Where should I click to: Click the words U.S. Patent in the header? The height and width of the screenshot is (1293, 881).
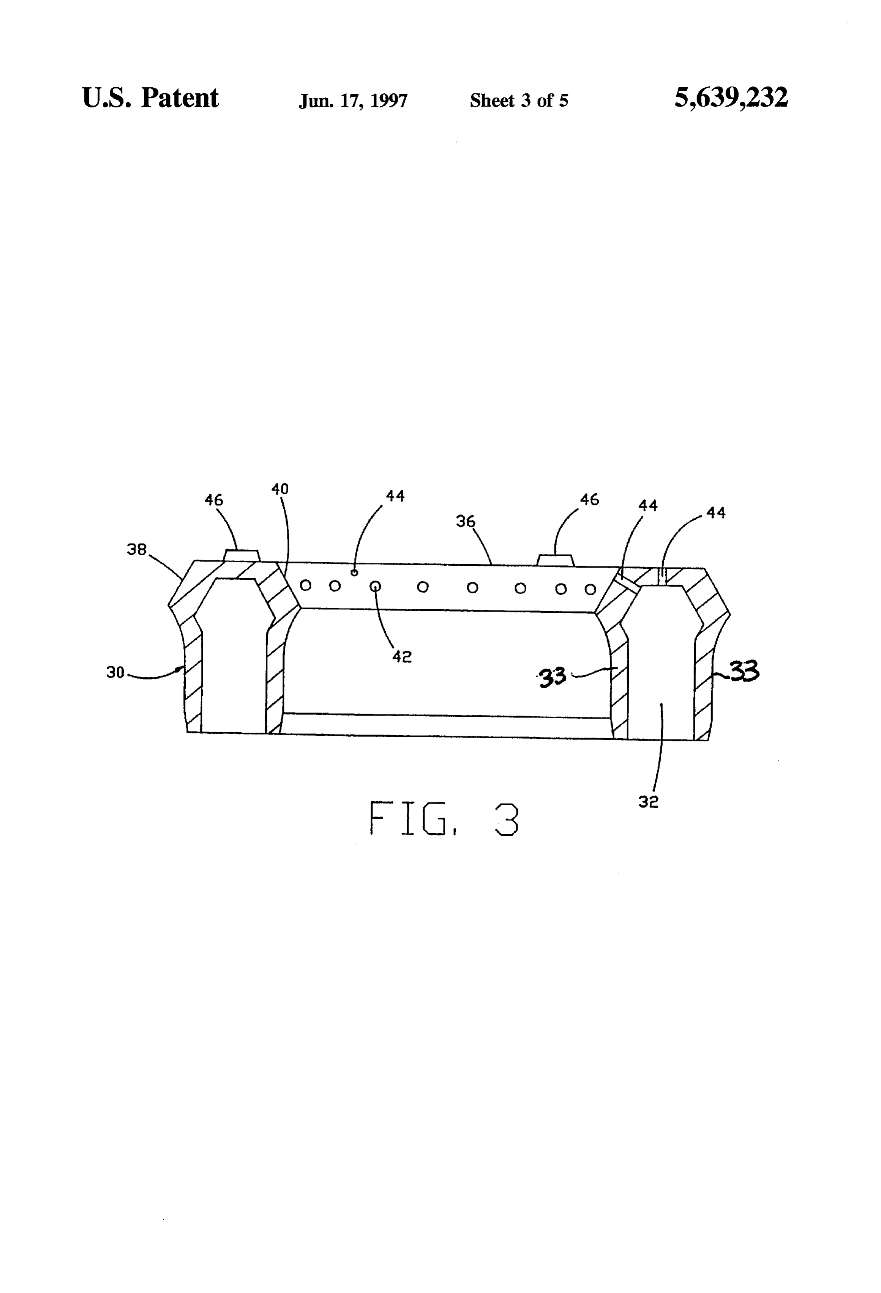(x=150, y=98)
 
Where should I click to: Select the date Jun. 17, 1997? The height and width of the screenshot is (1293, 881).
(x=353, y=101)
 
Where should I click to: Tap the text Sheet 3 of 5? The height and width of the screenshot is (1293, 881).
(x=519, y=100)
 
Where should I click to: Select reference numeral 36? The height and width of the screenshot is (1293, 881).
(x=466, y=521)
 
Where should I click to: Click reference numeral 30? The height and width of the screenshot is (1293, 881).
(x=115, y=673)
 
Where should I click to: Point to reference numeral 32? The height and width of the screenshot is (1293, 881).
(x=648, y=802)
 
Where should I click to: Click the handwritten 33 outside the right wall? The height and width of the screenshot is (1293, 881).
(x=745, y=671)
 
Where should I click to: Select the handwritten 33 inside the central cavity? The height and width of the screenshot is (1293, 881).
(x=553, y=678)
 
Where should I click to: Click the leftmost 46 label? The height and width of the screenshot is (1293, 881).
(x=213, y=500)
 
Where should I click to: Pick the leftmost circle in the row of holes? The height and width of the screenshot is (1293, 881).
(x=305, y=585)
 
